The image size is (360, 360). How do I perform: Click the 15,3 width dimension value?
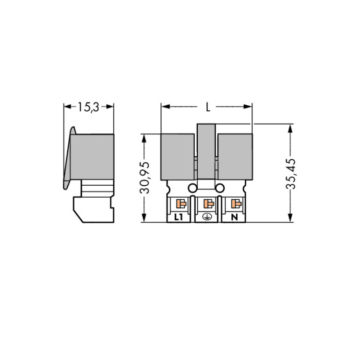click(x=88, y=107)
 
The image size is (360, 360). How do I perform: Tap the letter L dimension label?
click(x=208, y=107)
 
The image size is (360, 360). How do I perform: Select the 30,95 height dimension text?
click(x=144, y=178)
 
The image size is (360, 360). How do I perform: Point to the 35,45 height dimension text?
click(x=291, y=174)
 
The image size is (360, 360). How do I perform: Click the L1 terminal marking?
click(x=179, y=217)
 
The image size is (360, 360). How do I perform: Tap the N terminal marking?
click(x=234, y=217)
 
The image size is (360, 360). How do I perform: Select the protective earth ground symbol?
click(x=207, y=217)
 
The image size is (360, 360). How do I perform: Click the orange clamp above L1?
click(x=181, y=204)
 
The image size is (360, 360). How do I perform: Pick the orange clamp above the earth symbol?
click(x=209, y=204)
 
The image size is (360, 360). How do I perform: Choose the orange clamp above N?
click(x=236, y=204)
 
